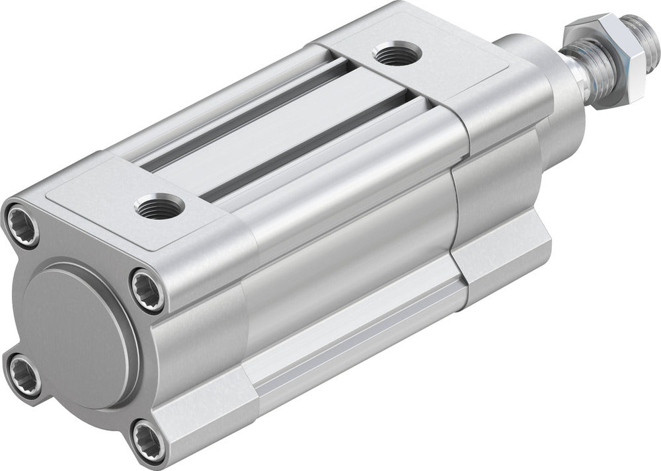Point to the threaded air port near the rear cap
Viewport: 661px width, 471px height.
click(161, 205)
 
